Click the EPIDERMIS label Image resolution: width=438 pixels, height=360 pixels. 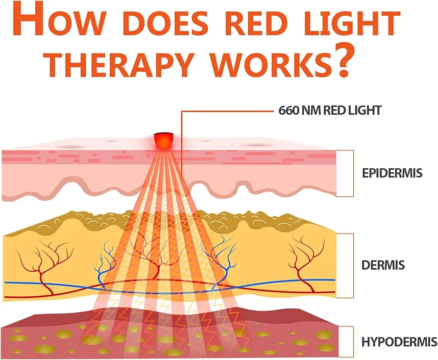click(392, 173)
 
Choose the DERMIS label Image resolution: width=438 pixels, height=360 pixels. click(383, 265)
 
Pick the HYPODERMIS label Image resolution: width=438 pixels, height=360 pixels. click(399, 342)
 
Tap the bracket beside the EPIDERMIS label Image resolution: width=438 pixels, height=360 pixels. click(353, 174)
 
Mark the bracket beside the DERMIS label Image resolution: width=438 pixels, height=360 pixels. click(353, 266)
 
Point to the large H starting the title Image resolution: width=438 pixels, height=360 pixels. click(28, 20)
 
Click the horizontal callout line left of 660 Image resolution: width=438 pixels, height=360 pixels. click(227, 111)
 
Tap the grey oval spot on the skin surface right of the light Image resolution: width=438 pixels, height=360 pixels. click(256, 145)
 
